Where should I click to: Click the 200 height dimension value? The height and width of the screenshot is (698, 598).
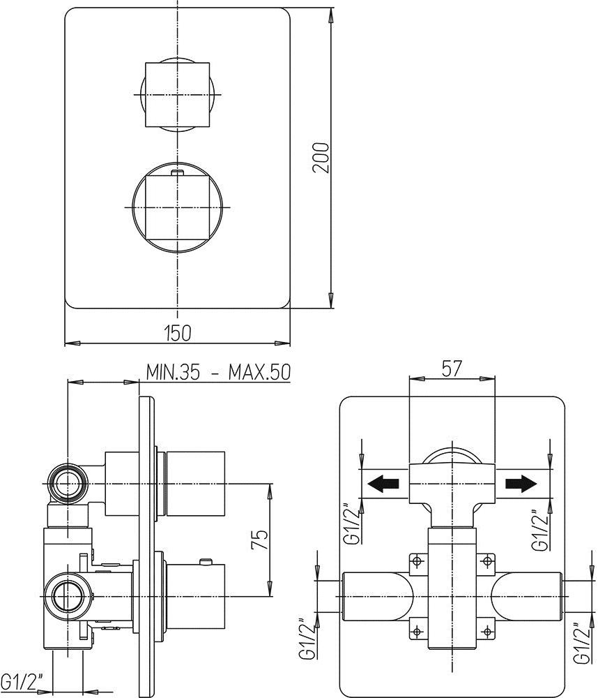321,157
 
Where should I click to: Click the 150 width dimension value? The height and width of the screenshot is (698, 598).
178,333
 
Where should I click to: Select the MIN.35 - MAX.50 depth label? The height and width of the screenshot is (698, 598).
218,372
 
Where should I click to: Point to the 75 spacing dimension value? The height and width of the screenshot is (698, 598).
260,539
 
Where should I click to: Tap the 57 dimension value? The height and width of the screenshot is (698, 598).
452,369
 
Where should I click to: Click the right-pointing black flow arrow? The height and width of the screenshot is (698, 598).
521,484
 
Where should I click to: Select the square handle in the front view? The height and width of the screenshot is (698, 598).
178,94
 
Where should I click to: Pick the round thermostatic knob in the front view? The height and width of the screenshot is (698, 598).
178,207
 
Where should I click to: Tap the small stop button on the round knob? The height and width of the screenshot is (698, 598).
178,172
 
